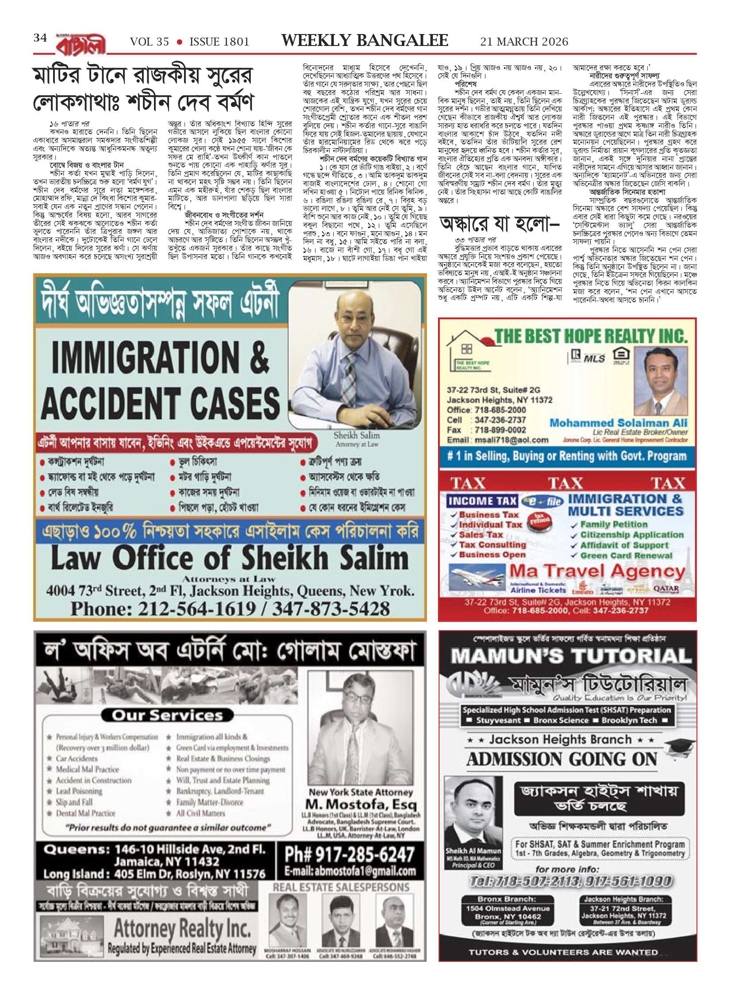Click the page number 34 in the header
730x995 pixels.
tap(40, 38)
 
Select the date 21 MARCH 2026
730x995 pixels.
tap(524, 42)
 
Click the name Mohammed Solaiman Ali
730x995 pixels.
tap(619, 422)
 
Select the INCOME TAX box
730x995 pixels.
tap(482, 501)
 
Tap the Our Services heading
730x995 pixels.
tap(167, 715)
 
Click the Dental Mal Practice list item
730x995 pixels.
tap(85, 813)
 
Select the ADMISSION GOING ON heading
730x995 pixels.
tap(561, 759)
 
